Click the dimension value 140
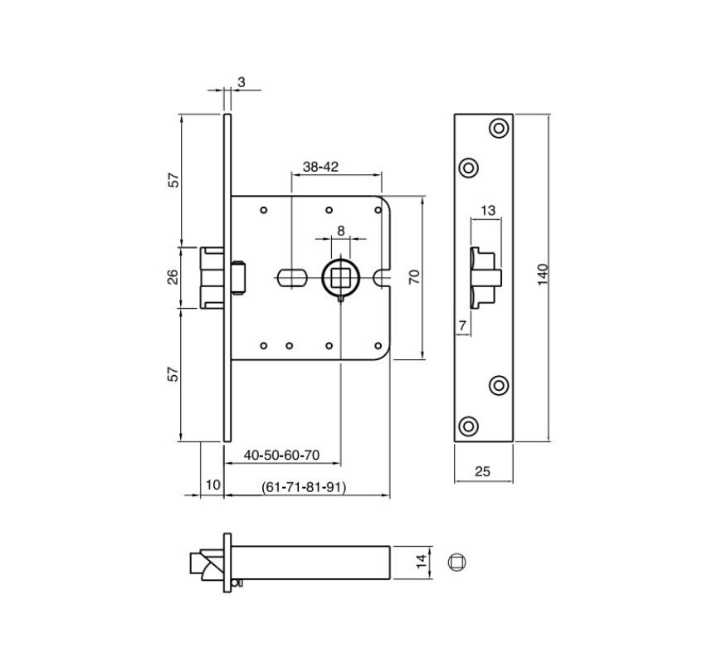point(543,275)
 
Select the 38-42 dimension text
point(320,167)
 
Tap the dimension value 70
point(413,277)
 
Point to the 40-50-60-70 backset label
point(282,456)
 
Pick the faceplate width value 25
point(482,471)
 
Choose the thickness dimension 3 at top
point(241,81)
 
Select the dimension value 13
point(487,211)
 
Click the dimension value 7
point(462,326)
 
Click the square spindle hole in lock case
point(340,276)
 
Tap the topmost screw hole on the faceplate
point(498,128)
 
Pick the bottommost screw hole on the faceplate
point(469,427)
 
